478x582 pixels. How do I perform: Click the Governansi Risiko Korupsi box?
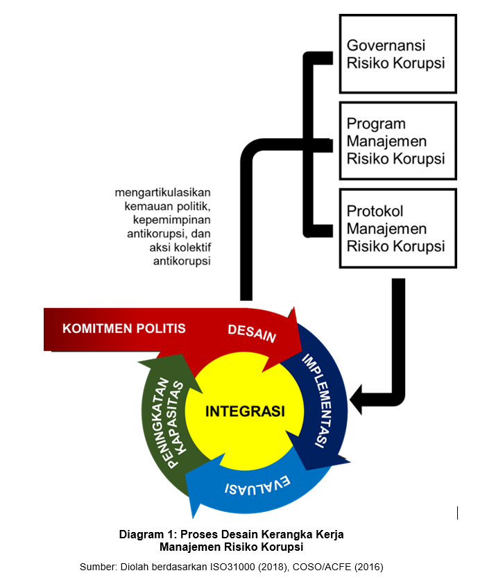[x=398, y=54]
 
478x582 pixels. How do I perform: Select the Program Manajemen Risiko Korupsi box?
[x=398, y=141]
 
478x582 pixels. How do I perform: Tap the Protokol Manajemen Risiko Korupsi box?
[x=398, y=228]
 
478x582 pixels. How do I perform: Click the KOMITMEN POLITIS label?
[x=124, y=328]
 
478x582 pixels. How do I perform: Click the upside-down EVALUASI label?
[x=257, y=484]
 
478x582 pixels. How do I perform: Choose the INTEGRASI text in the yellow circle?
[x=245, y=411]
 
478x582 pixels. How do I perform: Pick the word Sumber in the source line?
[x=98, y=567]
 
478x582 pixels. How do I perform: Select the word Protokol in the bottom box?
[x=375, y=211]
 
